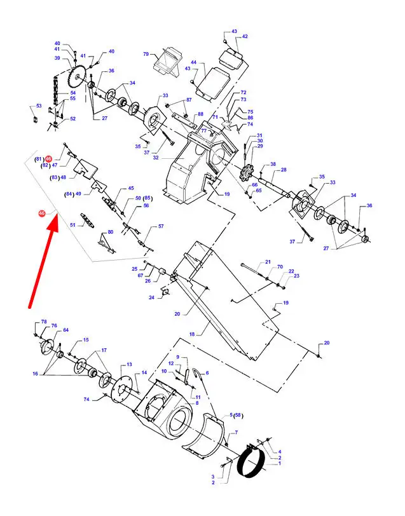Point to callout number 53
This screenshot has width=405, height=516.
38,105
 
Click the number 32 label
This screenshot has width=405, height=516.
155,159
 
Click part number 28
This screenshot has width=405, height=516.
284,170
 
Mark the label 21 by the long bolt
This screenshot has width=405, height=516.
268,262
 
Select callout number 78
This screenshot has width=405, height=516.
44,323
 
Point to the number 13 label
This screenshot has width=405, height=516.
129,365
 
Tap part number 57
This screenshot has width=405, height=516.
161,226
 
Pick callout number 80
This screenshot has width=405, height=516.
110,232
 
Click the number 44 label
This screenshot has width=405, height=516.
193,63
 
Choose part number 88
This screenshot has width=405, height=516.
200,114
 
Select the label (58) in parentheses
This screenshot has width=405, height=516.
238,415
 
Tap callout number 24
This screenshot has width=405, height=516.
151,297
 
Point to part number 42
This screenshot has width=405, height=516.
245,37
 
